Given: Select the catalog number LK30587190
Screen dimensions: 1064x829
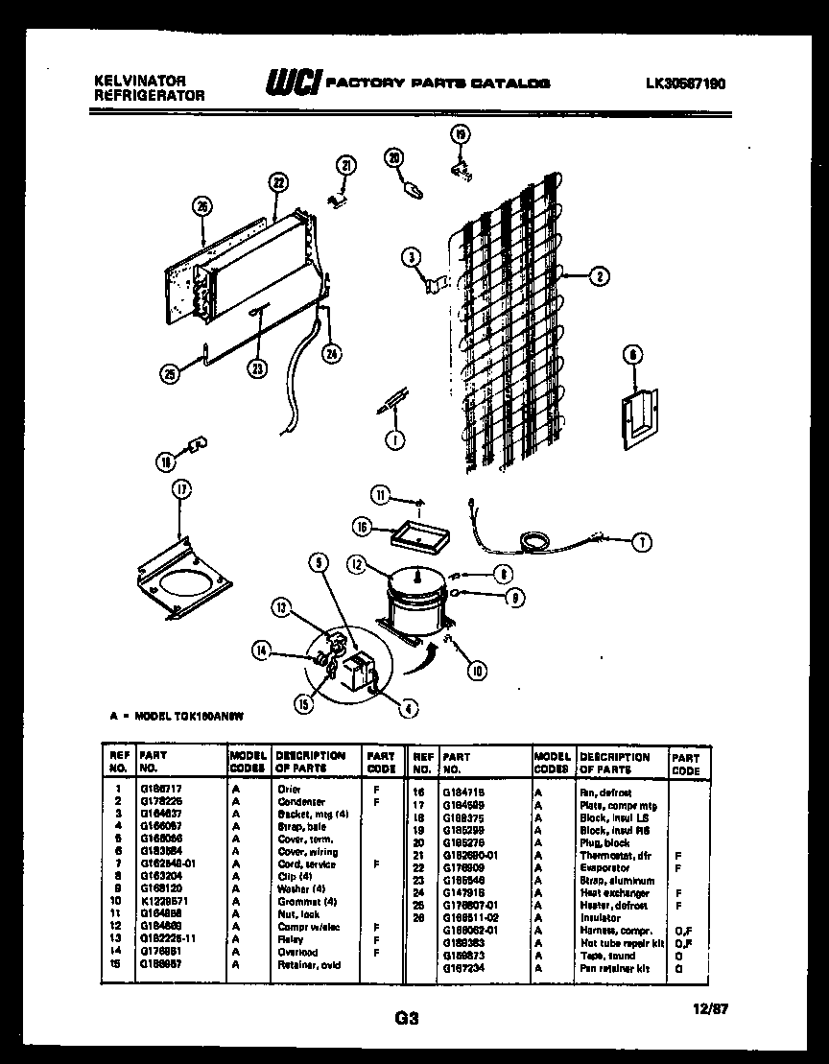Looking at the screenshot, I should pos(685,83).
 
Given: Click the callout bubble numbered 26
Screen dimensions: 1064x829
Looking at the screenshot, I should pos(201,203).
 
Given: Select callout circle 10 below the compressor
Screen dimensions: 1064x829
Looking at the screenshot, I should pos(476,672).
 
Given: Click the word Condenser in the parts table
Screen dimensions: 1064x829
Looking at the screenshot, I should pos(301,801).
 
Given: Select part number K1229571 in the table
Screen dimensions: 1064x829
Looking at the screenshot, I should pos(160,902).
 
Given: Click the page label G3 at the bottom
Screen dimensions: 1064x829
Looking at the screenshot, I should pos(408,1019).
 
